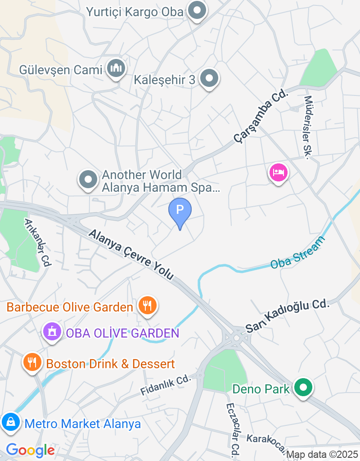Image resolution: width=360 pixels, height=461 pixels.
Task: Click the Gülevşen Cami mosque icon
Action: (x=117, y=69)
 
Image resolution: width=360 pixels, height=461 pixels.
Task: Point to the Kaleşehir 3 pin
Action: (x=209, y=79)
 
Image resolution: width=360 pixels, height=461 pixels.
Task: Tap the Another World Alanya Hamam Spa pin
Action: (x=88, y=180)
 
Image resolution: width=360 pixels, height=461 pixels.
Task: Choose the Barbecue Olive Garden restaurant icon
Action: (x=147, y=306)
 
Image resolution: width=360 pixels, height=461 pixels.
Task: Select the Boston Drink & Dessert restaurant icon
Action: (x=32, y=362)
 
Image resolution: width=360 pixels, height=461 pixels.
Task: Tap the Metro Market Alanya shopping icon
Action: (x=10, y=422)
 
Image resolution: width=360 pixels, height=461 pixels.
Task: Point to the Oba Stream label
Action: (x=297, y=253)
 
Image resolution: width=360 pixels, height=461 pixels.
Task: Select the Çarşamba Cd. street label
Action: (x=260, y=116)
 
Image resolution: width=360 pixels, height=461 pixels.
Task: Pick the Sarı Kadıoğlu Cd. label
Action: (x=288, y=316)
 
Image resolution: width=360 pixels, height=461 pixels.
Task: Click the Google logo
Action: (x=31, y=450)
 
